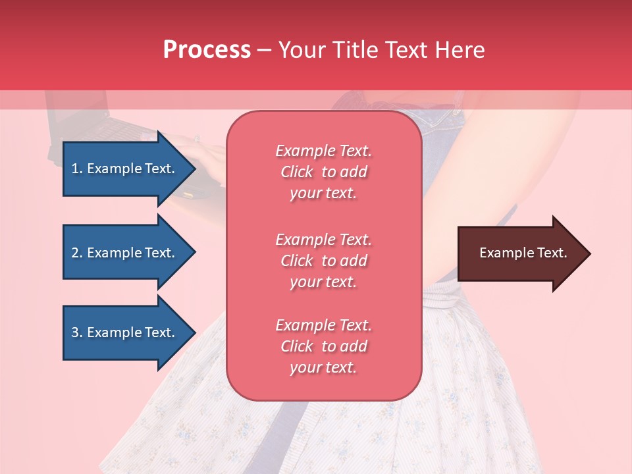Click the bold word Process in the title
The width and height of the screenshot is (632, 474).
(x=207, y=50)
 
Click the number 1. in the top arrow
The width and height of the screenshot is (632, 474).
(x=77, y=169)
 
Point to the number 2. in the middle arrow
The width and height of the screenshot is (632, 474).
(x=77, y=253)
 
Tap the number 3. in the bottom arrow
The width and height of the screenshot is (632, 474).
(x=77, y=332)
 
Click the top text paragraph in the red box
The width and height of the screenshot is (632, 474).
(x=323, y=172)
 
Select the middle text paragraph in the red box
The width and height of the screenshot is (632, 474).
(x=323, y=261)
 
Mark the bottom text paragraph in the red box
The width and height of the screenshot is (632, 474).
(x=323, y=346)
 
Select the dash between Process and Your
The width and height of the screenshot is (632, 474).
(x=264, y=51)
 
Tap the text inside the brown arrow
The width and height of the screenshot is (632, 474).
(x=523, y=253)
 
